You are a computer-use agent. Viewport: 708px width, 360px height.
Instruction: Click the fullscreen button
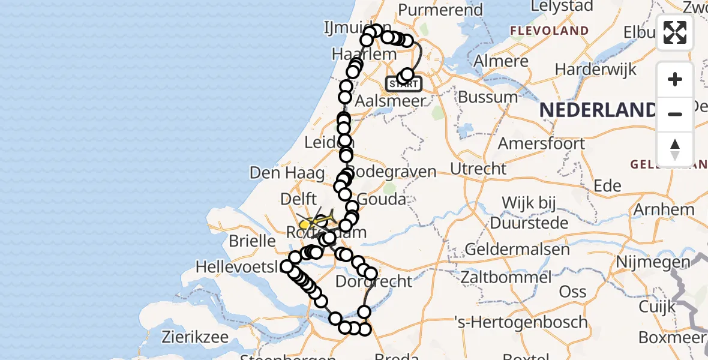675,32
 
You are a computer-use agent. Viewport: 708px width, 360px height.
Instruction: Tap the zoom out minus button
675,114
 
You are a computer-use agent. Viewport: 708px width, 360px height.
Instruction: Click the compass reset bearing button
675,149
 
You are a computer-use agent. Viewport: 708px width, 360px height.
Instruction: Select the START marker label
403,84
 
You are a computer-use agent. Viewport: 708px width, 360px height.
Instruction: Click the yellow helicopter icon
313,223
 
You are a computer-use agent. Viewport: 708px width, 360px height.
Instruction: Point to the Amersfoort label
541,143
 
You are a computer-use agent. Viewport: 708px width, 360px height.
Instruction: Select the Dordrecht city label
374,281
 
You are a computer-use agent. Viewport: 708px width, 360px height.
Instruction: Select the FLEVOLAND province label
549,31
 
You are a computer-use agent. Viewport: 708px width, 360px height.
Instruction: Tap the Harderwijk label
595,70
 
